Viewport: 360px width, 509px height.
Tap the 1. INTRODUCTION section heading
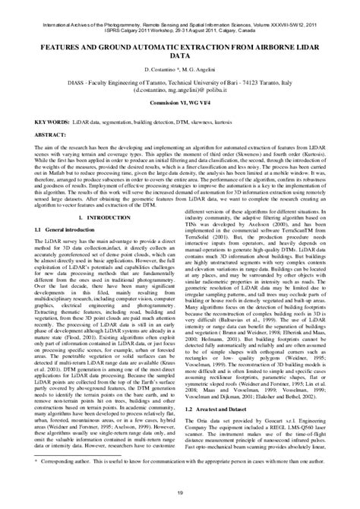tap(100, 217)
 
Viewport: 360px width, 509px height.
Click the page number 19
tap(180, 494)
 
